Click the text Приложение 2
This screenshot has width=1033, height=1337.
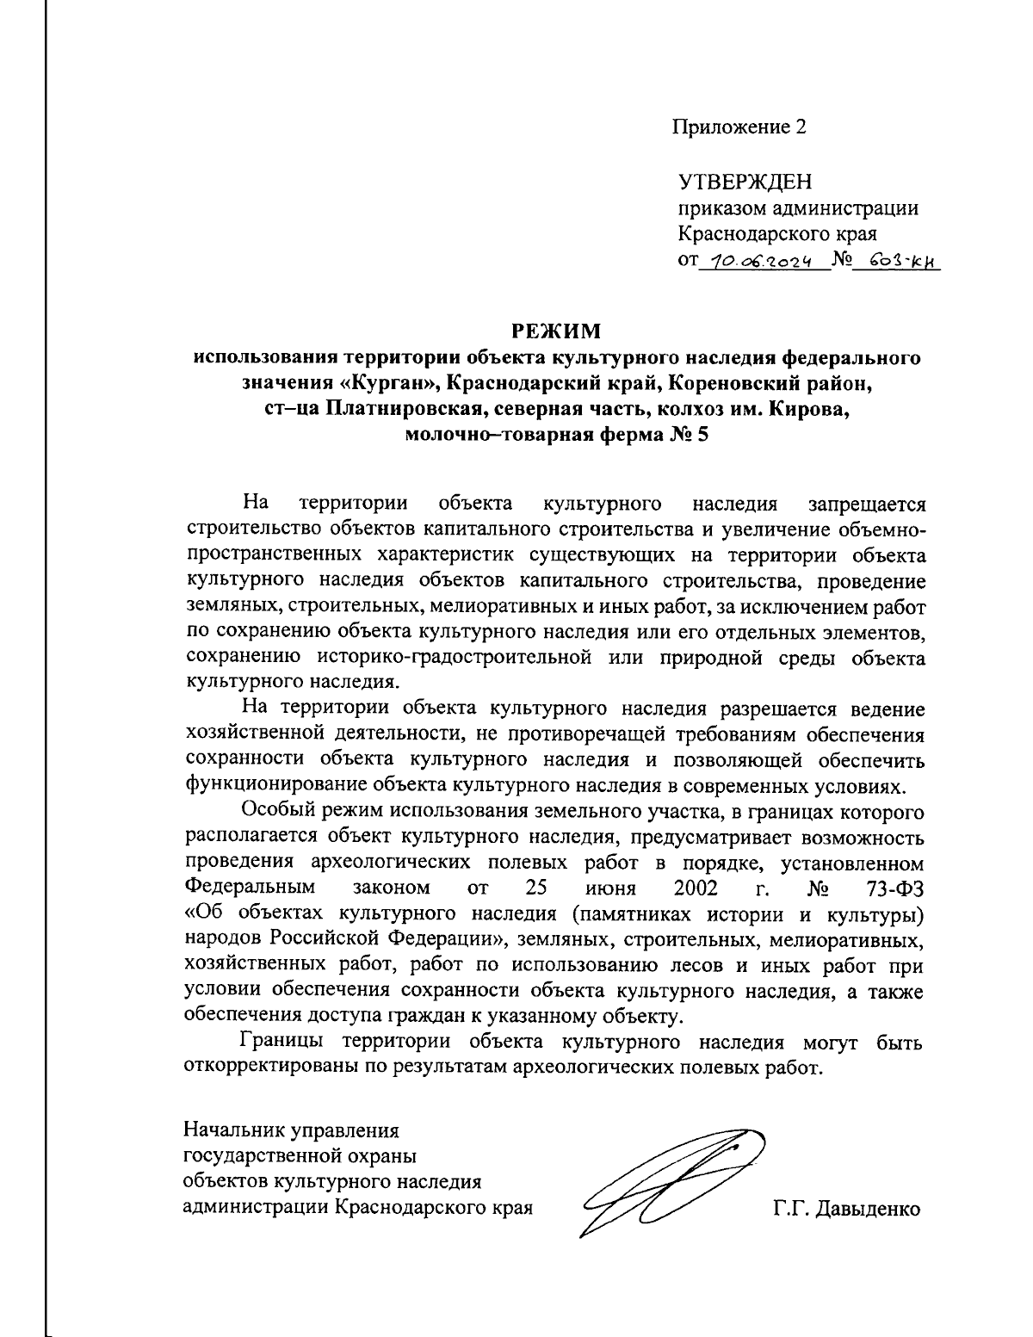pyautogui.click(x=739, y=128)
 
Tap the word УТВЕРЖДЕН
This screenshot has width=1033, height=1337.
pyautogui.click(x=745, y=183)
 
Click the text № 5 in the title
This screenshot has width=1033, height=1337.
pyautogui.click(x=688, y=435)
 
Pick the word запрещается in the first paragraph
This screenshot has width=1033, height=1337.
pyautogui.click(x=866, y=504)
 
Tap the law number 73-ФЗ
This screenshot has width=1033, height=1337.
pyautogui.click(x=895, y=888)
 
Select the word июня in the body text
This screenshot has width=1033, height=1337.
pyautogui.click(x=609, y=888)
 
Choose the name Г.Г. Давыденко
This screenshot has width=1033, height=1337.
pyautogui.click(x=846, y=1209)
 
